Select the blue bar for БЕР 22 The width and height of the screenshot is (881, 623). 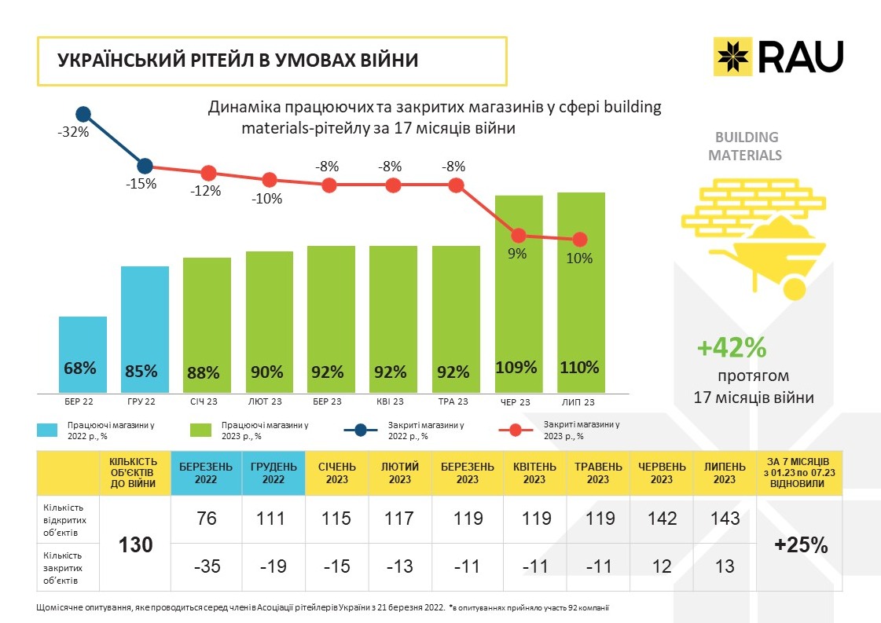point(83,354)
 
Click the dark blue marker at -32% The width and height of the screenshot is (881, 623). point(83,115)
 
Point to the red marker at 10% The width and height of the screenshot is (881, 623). point(580,239)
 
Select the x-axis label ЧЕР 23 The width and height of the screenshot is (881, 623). point(515,402)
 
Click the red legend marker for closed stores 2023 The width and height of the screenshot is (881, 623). point(516,430)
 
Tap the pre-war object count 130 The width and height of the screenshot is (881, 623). point(135,544)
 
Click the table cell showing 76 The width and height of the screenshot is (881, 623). point(206,519)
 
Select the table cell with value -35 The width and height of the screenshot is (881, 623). point(206,566)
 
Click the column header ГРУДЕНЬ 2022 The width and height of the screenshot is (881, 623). point(273,473)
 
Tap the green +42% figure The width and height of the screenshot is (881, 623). point(732,347)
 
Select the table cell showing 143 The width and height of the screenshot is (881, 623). point(725,519)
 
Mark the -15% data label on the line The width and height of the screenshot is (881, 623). point(142,184)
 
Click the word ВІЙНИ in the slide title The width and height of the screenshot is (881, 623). point(385,60)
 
